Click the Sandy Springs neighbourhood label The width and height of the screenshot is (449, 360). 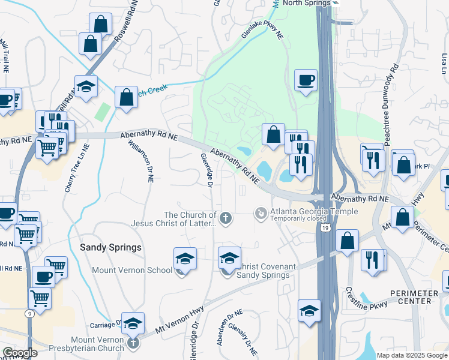111,247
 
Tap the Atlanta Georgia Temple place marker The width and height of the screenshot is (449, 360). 261,213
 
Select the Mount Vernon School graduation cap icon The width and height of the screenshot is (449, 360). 185,259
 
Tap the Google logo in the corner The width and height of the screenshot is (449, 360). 20,353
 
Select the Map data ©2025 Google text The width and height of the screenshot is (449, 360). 412,355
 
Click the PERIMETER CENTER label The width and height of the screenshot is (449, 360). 417,297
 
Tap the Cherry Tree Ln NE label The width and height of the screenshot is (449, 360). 76,167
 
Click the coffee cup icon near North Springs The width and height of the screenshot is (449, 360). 306,80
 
